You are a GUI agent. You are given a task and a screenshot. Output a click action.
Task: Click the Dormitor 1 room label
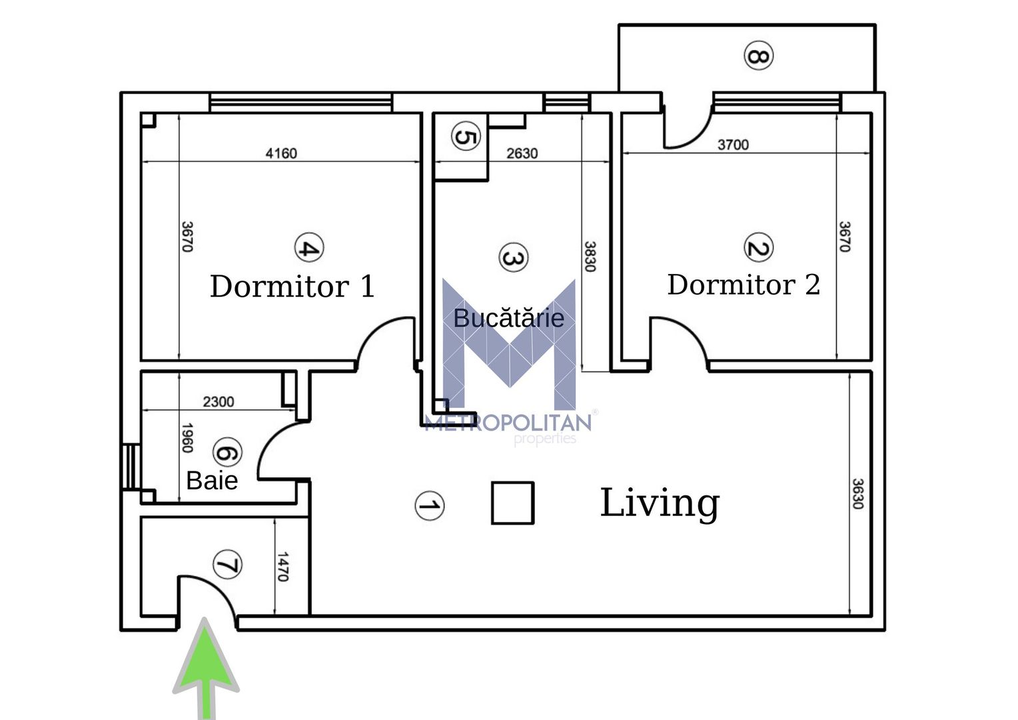pyautogui.click(x=292, y=287)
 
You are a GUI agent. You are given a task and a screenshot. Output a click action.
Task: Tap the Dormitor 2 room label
pyautogui.click(x=744, y=285)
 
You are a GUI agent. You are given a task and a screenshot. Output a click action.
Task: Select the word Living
pyautogui.click(x=660, y=503)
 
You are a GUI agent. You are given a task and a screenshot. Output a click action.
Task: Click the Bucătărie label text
pyautogui.click(x=508, y=318)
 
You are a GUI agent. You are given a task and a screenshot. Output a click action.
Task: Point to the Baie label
pyautogui.click(x=212, y=481)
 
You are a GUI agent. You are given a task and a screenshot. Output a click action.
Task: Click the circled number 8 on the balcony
pyautogui.click(x=758, y=55)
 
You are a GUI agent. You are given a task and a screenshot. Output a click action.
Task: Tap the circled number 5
pyautogui.click(x=465, y=137)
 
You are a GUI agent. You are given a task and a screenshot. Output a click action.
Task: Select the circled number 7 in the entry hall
pyautogui.click(x=227, y=565)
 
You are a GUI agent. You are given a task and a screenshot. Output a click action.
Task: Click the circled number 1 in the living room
pyautogui.click(x=429, y=506)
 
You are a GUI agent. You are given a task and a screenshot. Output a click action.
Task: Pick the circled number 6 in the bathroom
pyautogui.click(x=227, y=453)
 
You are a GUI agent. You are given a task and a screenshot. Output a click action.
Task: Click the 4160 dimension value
pyautogui.click(x=281, y=153)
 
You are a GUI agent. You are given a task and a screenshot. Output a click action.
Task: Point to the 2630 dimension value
pyautogui.click(x=522, y=153)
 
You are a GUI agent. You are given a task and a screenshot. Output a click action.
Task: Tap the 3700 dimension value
pyautogui.click(x=733, y=145)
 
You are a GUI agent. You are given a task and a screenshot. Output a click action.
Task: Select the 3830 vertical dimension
pyautogui.click(x=590, y=256)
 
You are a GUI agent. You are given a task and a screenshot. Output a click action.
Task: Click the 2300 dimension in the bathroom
pyautogui.click(x=219, y=401)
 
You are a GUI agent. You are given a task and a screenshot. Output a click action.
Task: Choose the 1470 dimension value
pyautogui.click(x=282, y=566)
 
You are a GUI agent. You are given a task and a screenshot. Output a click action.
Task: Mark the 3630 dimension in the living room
pyautogui.click(x=857, y=493)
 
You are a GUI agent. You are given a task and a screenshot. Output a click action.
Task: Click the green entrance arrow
pyautogui.click(x=206, y=667)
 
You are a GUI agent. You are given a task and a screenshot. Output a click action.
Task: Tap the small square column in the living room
pyautogui.click(x=512, y=503)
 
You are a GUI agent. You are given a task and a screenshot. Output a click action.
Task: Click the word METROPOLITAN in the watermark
pyautogui.click(x=508, y=423)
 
